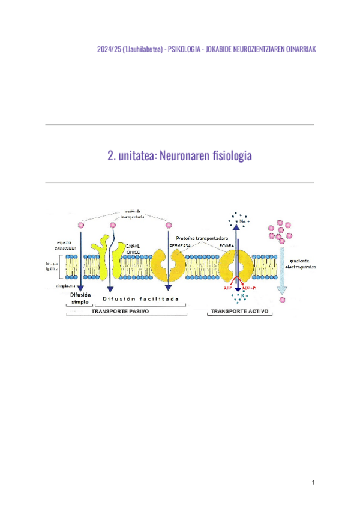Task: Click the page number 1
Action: pyautogui.click(x=313, y=483)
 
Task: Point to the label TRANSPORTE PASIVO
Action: pyautogui.click(x=120, y=312)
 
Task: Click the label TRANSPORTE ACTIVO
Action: pyautogui.click(x=238, y=312)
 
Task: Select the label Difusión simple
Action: pyautogui.click(x=80, y=298)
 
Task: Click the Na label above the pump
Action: pyautogui.click(x=244, y=221)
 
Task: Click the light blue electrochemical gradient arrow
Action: pyautogui.click(x=281, y=264)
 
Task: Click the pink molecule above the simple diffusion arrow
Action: pyautogui.click(x=80, y=224)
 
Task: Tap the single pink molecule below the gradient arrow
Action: pyautogui.click(x=282, y=299)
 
